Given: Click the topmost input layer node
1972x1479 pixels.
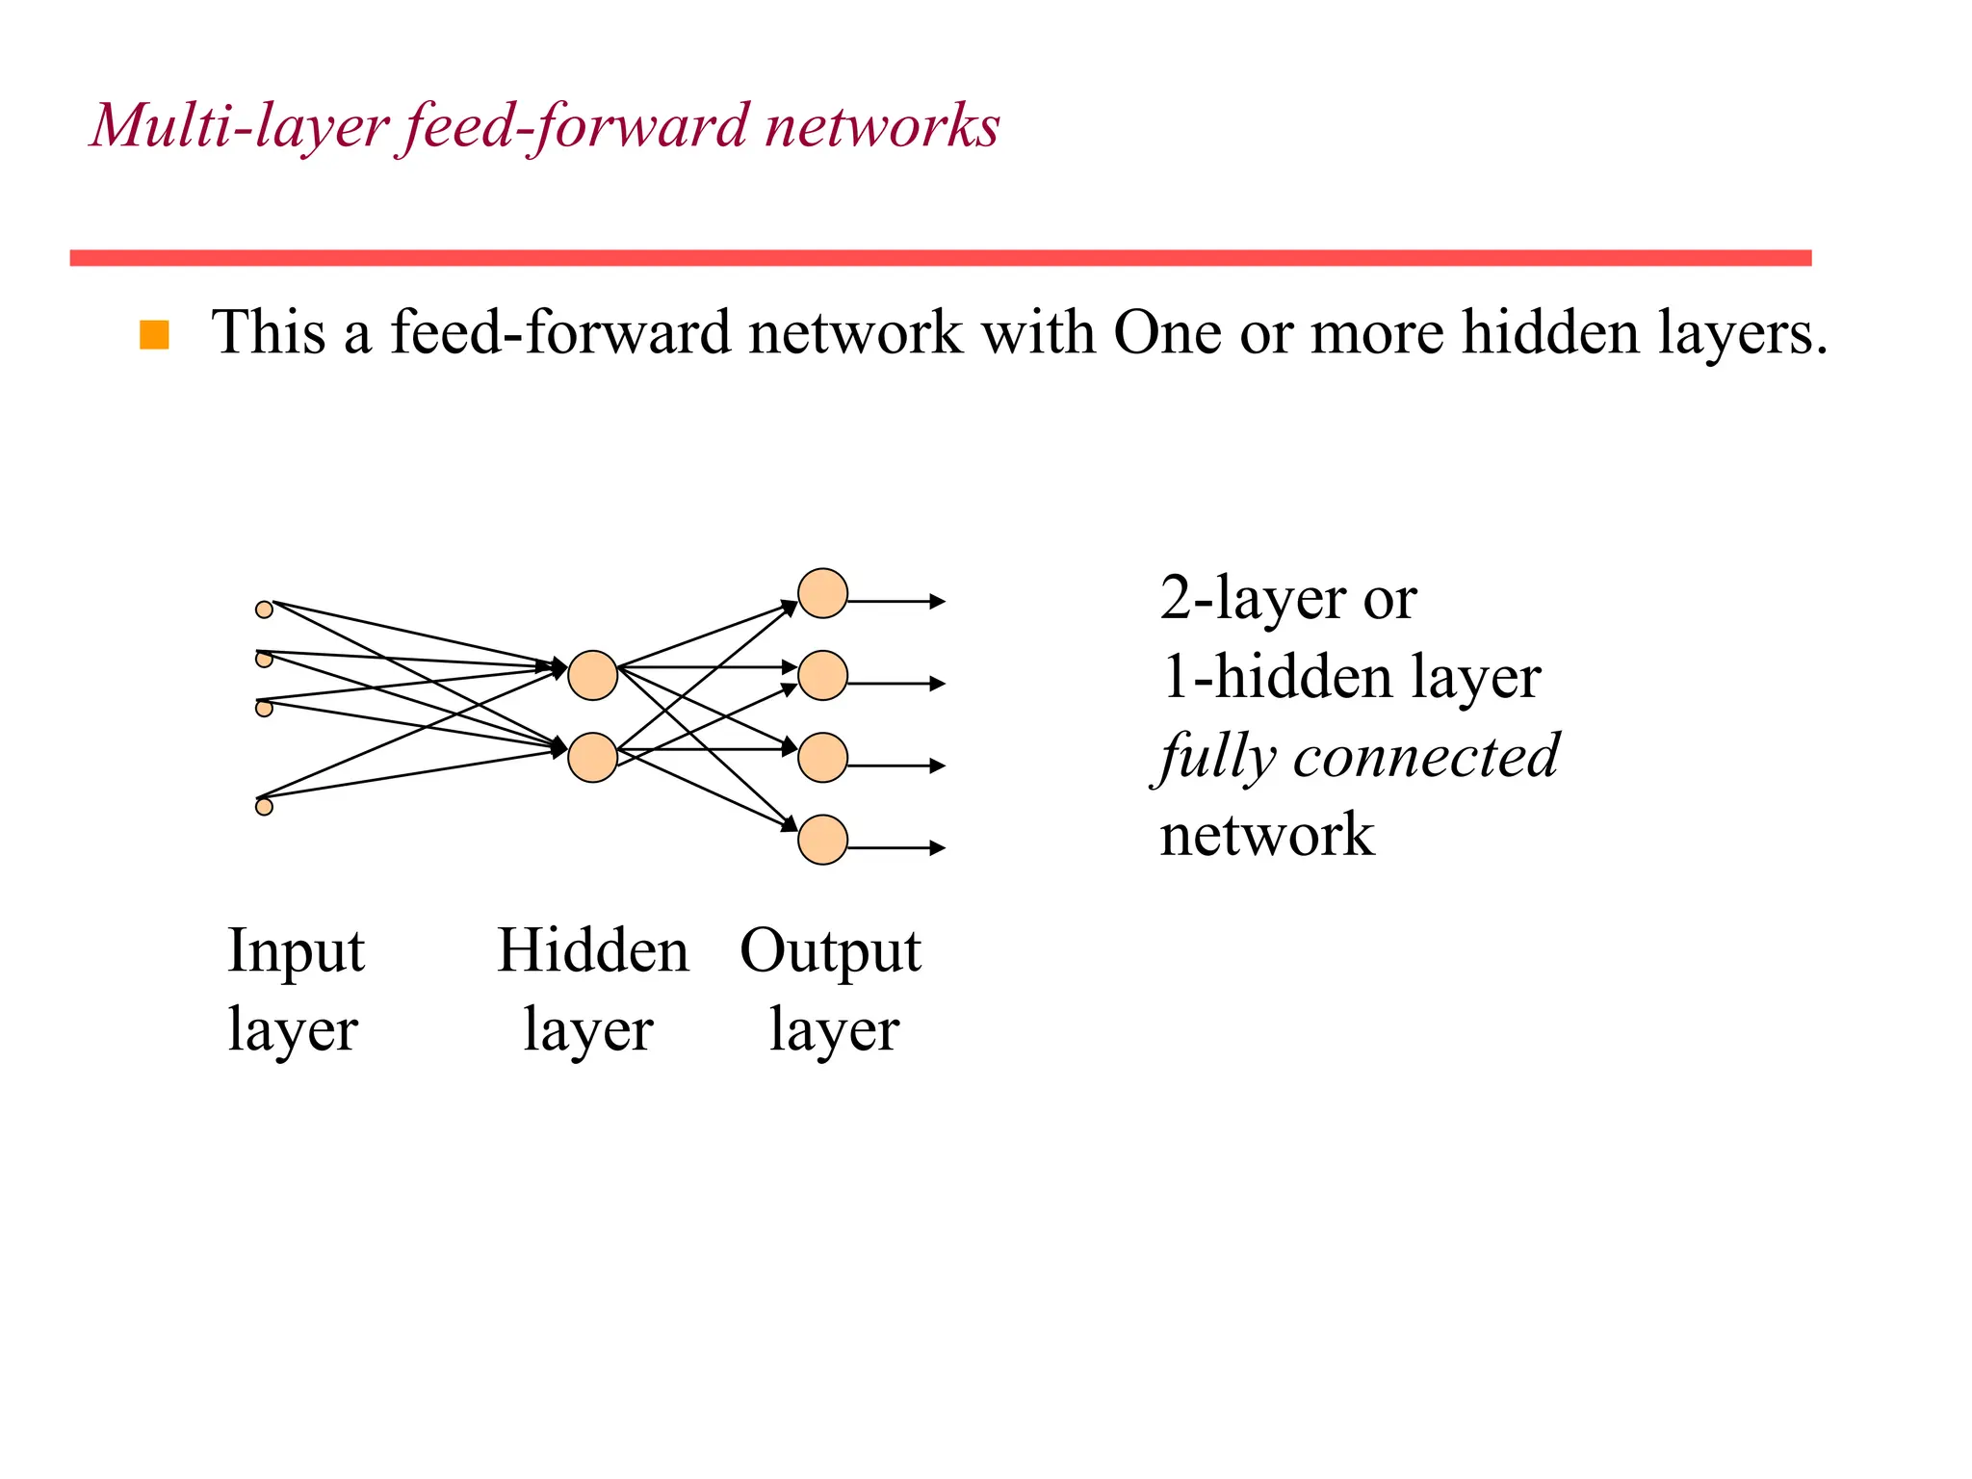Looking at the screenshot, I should [x=264, y=610].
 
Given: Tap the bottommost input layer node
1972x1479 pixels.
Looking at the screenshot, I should [x=264, y=807].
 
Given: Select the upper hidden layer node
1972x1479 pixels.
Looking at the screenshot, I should [x=592, y=675].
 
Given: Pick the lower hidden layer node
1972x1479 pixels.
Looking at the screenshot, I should [x=592, y=758].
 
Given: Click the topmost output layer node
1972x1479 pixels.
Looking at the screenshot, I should [x=822, y=593].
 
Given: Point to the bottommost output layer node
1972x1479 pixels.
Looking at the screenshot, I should [x=822, y=840].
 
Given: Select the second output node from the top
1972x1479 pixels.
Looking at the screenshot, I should [x=822, y=675].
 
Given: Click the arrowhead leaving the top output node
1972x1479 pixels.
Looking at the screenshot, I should [x=938, y=602].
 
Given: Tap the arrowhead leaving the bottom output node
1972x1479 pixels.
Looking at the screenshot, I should [x=938, y=848].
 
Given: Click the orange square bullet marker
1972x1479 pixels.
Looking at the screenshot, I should [x=154, y=335].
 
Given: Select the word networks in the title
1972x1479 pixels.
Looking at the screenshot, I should [x=881, y=126].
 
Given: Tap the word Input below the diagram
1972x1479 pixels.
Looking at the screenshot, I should [x=296, y=951].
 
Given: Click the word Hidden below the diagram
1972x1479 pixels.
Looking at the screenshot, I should [x=593, y=951].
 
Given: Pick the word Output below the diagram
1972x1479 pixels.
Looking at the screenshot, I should [x=830, y=951].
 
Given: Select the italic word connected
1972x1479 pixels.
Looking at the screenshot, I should [x=1425, y=756].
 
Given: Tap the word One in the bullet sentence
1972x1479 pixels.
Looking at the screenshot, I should [x=1168, y=333].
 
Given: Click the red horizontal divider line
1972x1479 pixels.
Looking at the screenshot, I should [x=940, y=258].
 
